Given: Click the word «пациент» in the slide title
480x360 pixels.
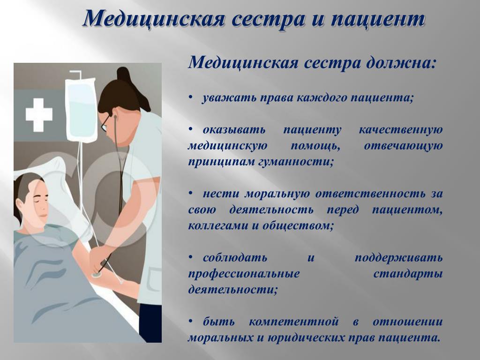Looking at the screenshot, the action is click(x=378, y=19).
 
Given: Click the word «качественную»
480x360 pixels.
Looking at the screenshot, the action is click(x=401, y=130).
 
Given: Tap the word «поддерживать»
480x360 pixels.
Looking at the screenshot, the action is click(x=398, y=258).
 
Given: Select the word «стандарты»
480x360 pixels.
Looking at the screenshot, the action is click(x=408, y=273).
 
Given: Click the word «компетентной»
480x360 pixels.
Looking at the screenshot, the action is click(x=293, y=322).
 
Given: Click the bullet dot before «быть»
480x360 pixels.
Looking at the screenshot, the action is click(x=191, y=321).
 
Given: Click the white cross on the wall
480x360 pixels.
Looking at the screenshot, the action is click(x=39, y=115).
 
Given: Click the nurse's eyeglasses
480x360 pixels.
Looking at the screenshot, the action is click(x=105, y=123).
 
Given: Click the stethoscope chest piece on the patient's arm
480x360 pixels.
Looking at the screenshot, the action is click(x=97, y=275).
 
